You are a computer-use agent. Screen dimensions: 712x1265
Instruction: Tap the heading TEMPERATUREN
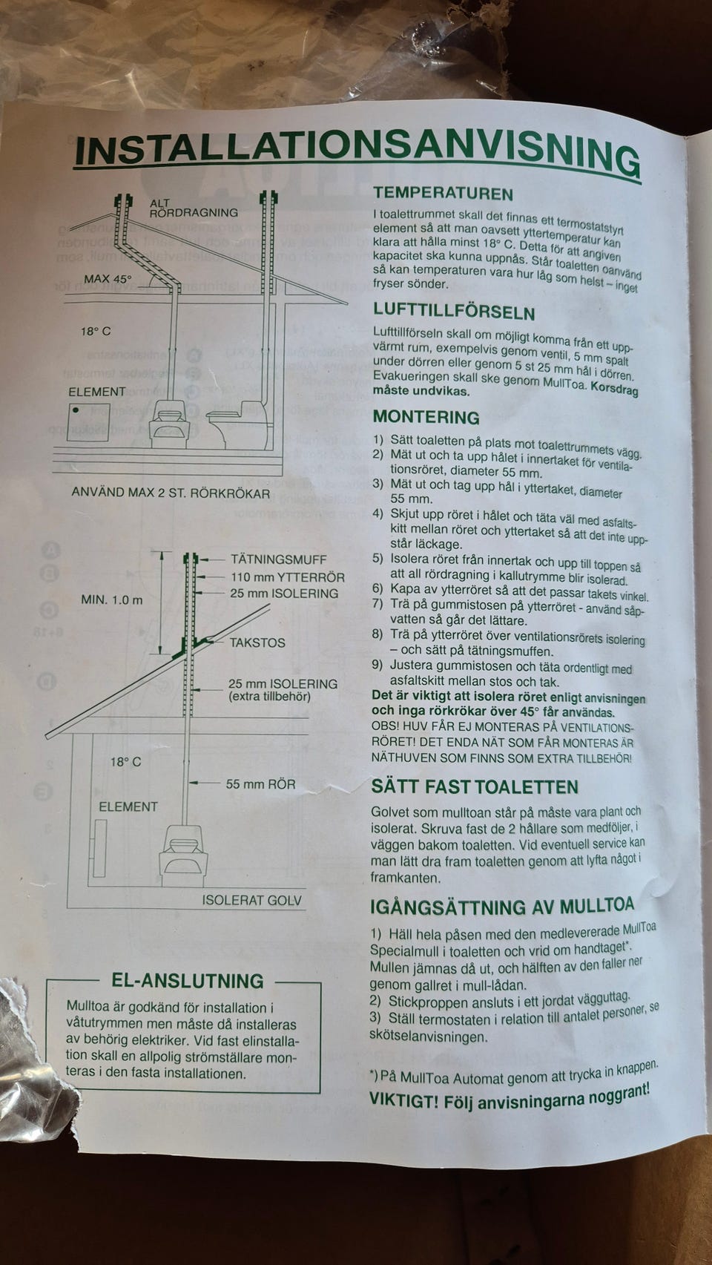point(444,194)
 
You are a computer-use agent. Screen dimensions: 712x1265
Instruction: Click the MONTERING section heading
point(426,416)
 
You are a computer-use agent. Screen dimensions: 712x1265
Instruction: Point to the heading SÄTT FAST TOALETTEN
point(475,786)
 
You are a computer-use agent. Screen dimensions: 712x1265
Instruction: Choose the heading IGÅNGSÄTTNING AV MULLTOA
point(502,906)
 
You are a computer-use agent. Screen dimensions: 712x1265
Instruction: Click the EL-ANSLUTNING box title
point(188,980)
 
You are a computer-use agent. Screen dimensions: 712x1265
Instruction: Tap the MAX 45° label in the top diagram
point(108,279)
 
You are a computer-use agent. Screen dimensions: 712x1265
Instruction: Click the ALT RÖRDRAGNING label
point(193,208)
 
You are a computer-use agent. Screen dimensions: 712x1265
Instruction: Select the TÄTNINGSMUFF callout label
point(278,559)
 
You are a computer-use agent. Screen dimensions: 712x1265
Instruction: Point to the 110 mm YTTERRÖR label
point(288,576)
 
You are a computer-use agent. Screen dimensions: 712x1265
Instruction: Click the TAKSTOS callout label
point(257,642)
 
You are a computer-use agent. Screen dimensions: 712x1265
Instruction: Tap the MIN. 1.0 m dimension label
point(112,599)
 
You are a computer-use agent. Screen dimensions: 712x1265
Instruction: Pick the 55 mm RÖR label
point(261,783)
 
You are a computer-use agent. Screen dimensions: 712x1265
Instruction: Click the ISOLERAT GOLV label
point(252,900)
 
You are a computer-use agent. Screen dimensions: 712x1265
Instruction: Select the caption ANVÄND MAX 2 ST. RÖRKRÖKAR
point(171,493)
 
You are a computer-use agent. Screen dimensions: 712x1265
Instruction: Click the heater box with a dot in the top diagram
point(88,422)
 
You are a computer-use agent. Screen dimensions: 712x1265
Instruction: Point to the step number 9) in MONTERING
point(378,665)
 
